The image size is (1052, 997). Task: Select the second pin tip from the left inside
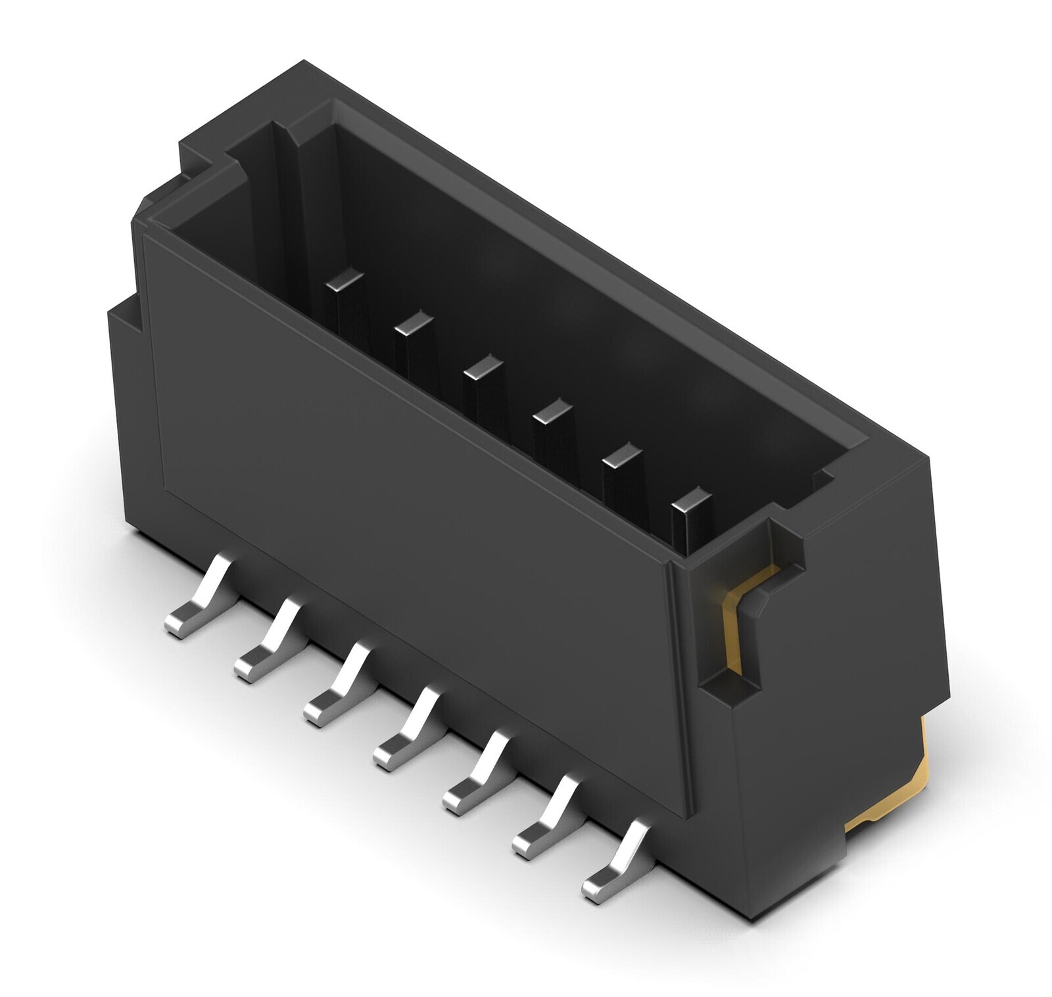[x=414, y=323]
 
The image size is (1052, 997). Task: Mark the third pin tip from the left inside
[x=482, y=367]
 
